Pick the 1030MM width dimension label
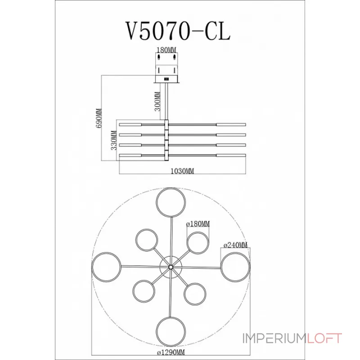[x=182, y=171]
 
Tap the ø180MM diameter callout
[x=198, y=224]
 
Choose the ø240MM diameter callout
[x=236, y=245]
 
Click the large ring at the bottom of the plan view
[x=171, y=331]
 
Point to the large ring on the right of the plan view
[x=235, y=267]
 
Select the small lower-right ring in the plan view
[x=195, y=294]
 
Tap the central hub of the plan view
[x=171, y=267]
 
